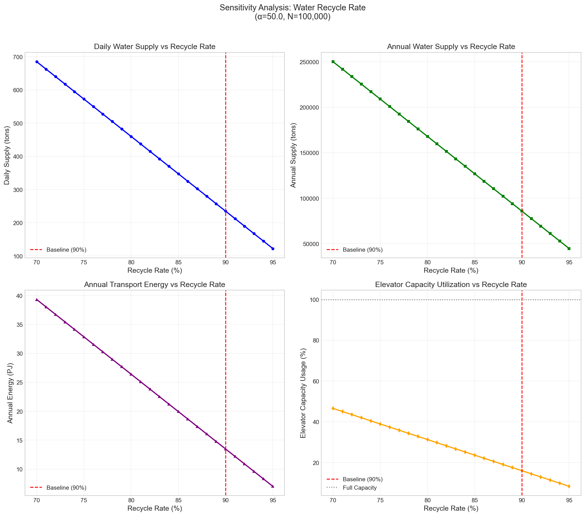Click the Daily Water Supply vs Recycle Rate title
pyautogui.click(x=155, y=47)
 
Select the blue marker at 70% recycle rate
pyautogui.click(x=37, y=62)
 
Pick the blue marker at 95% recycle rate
pyautogui.click(x=273, y=249)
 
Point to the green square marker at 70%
pyautogui.click(x=333, y=62)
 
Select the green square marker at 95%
pyautogui.click(x=569, y=249)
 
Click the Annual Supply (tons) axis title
pyautogui.click(x=293, y=155)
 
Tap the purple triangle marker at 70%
pyautogui.click(x=37, y=300)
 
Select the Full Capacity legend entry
pyautogui.click(x=359, y=488)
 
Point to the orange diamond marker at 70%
pyautogui.click(x=333, y=409)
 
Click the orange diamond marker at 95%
pyautogui.click(x=569, y=486)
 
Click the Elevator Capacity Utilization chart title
pyautogui.click(x=451, y=284)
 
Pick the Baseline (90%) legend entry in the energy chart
pyautogui.click(x=66, y=488)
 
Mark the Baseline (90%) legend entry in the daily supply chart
pyautogui.click(x=66, y=250)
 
